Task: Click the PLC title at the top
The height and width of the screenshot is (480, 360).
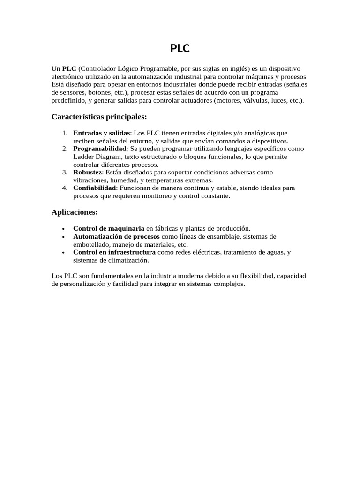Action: click(x=180, y=49)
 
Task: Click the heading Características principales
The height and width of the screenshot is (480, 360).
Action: click(x=99, y=116)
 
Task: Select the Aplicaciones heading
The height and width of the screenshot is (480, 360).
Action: click(x=75, y=212)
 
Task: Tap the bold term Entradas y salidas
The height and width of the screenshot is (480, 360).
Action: click(x=101, y=133)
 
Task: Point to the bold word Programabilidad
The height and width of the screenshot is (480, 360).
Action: click(x=100, y=149)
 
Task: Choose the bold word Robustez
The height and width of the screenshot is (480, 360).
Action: click(x=87, y=172)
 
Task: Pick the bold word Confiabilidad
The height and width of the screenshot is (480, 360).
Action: click(x=94, y=187)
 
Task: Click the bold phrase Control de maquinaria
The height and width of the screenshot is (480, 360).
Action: click(x=109, y=228)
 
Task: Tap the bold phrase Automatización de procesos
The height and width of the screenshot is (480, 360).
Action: click(x=116, y=236)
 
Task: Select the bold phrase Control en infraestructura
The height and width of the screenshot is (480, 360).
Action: click(x=114, y=252)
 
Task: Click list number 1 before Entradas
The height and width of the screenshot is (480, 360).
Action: click(x=65, y=133)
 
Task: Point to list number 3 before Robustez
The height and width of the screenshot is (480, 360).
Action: click(x=65, y=172)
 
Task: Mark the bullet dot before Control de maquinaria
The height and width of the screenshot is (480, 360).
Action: click(x=63, y=229)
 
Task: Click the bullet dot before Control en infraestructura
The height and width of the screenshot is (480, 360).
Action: click(x=63, y=253)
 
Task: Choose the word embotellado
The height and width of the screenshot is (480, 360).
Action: click(x=91, y=244)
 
